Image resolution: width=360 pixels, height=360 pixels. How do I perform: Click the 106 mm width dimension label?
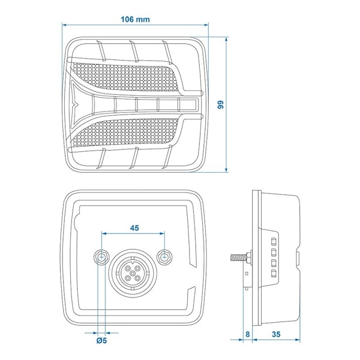pos(135,19)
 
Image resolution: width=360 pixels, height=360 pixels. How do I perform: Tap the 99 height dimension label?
pos(221,104)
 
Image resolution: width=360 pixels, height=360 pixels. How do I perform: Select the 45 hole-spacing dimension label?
pos(134,228)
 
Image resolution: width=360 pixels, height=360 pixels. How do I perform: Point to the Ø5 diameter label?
pos(102,340)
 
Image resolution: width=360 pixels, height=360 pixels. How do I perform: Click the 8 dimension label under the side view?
pos(247,334)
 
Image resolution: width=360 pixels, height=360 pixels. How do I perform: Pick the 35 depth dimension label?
pos(276,334)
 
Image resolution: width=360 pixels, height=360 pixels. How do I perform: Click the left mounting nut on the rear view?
pos(101,257)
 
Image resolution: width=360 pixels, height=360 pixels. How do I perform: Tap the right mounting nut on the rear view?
pos(164,257)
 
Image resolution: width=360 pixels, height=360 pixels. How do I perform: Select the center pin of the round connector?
pos(133,273)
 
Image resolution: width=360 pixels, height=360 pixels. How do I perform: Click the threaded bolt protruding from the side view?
pos(239,257)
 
